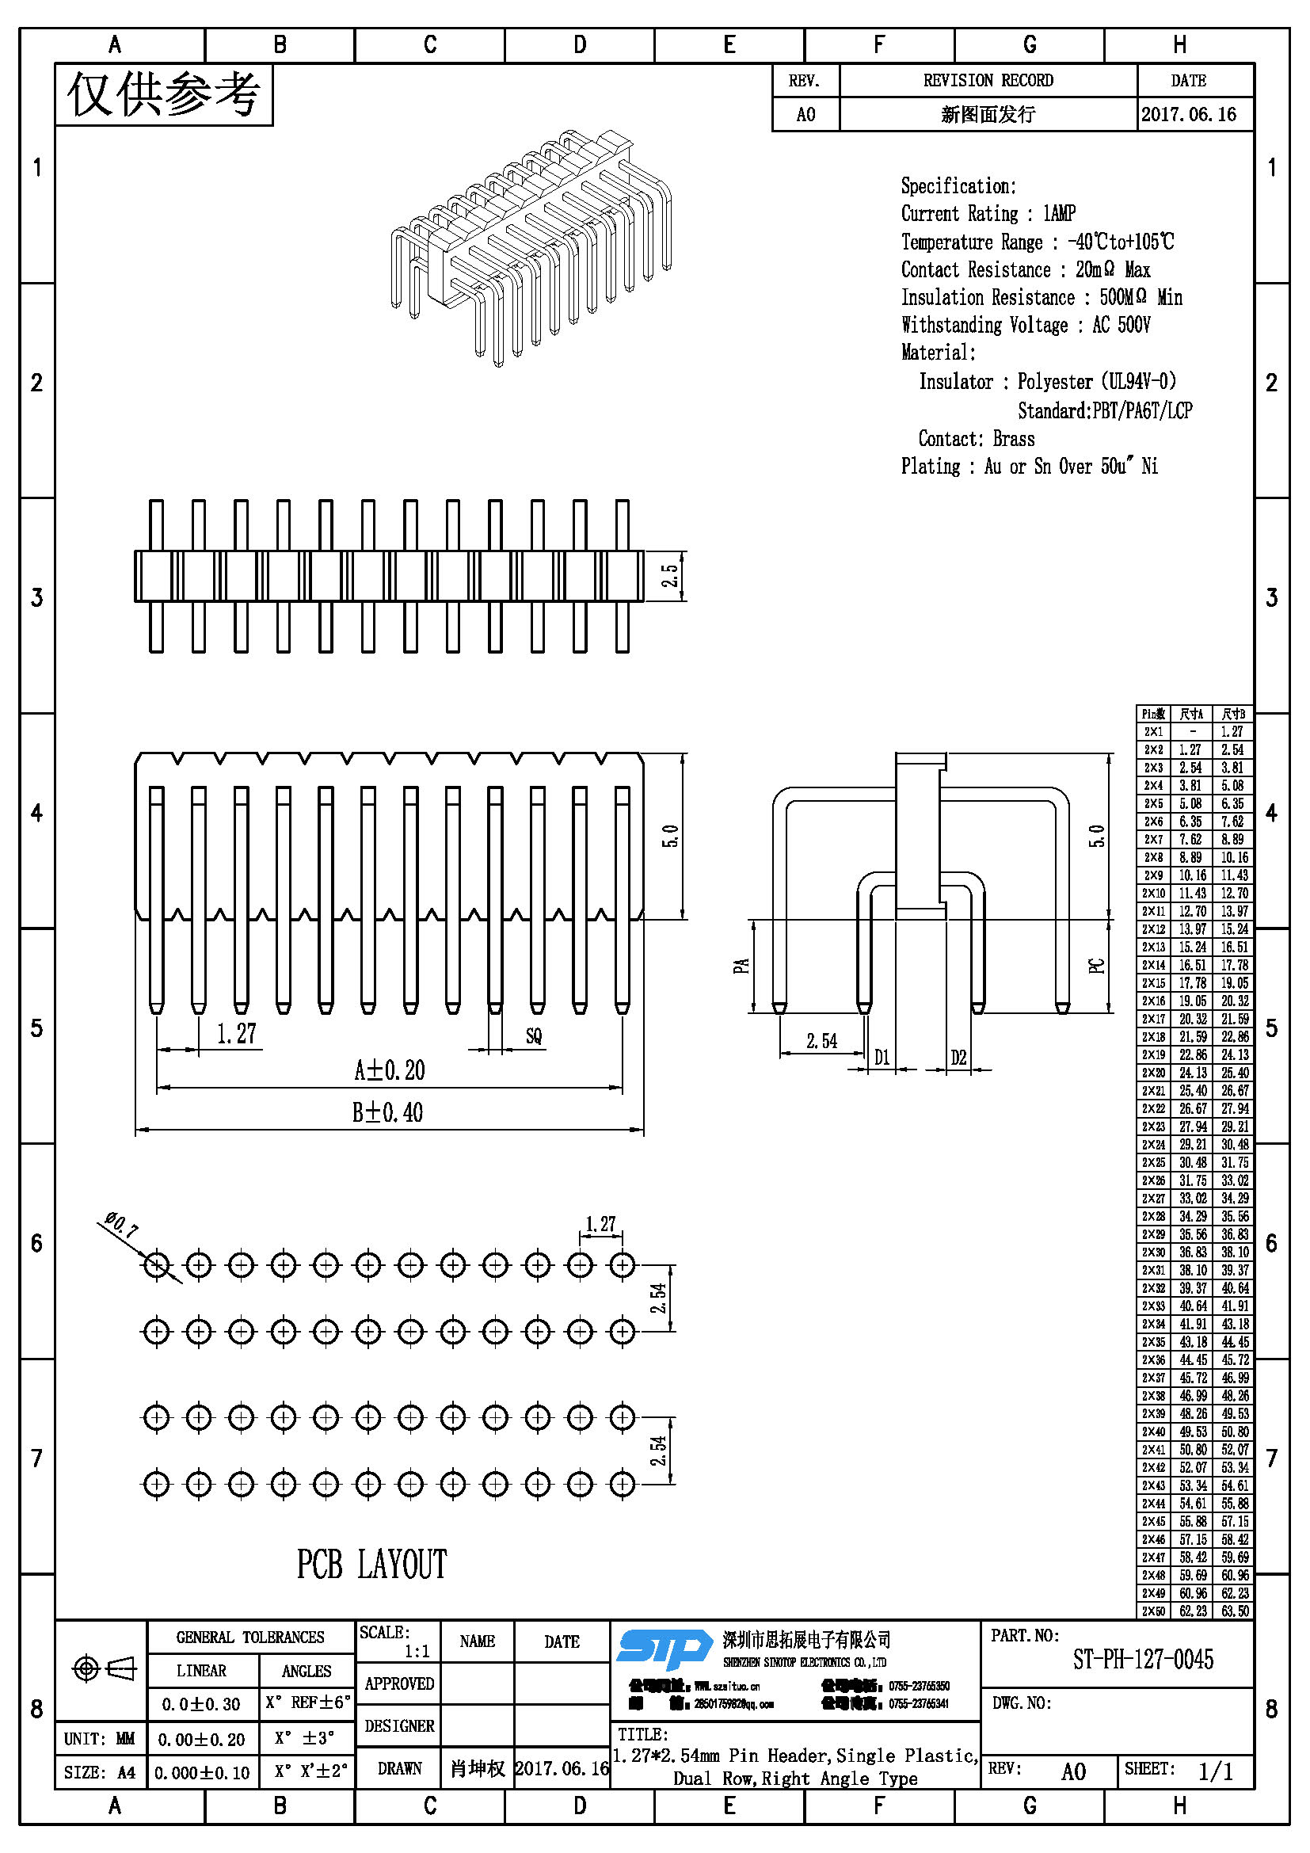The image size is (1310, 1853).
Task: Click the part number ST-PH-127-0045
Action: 1142,1660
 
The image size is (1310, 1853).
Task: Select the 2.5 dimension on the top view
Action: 670,575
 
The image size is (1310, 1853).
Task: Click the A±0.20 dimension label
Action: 389,1070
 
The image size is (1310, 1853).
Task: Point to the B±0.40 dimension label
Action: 387,1112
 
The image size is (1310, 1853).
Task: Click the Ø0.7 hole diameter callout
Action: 121,1225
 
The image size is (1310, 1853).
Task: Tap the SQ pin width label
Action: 533,1035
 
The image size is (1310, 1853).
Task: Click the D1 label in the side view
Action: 882,1058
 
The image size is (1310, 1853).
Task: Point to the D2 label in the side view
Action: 958,1058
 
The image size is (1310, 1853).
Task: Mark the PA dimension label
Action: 741,965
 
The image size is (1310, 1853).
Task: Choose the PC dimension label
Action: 1096,965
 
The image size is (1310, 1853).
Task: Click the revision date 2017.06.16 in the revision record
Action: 1188,114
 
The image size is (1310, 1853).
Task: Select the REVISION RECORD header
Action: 988,80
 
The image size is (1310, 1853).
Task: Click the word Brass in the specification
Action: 1013,438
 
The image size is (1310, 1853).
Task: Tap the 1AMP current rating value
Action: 1059,213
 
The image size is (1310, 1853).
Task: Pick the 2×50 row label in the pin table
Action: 1152,1611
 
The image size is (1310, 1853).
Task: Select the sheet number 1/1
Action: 1215,1771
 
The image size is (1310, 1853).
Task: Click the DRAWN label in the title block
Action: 399,1768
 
